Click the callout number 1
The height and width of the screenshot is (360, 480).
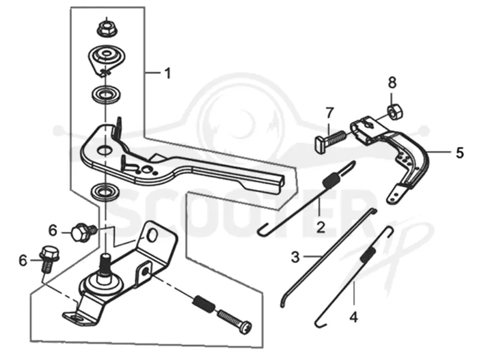pyautogui.click(x=167, y=73)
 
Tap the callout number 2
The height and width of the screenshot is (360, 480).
pyautogui.click(x=320, y=227)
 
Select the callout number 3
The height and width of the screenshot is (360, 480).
pyautogui.click(x=295, y=257)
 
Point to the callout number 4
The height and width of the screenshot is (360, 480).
pyautogui.click(x=353, y=317)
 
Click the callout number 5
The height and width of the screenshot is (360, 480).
pyautogui.click(x=460, y=152)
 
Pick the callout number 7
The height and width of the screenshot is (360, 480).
pyautogui.click(x=329, y=113)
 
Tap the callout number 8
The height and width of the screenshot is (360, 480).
pyautogui.click(x=392, y=82)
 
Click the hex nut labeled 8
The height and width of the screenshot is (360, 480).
pyautogui.click(x=395, y=112)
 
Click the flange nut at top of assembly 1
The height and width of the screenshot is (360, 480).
pyautogui.click(x=106, y=28)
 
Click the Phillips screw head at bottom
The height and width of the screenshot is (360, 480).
pyautogui.click(x=245, y=326)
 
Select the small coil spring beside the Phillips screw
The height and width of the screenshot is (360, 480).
pyautogui.click(x=203, y=304)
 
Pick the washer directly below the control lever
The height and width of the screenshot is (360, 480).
pyautogui.click(x=106, y=192)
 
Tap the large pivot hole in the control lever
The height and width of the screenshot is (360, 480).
pyautogui.click(x=104, y=150)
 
